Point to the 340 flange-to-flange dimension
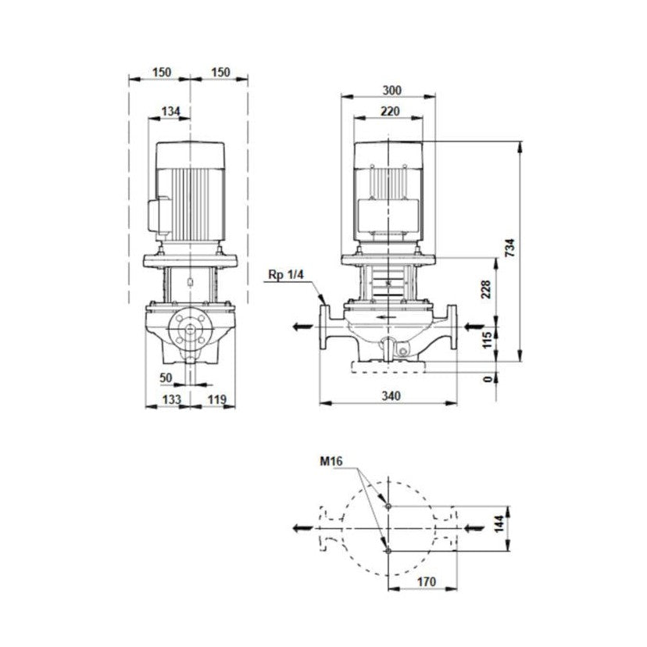(391, 396)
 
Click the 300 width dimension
(388, 90)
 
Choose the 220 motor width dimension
(388, 112)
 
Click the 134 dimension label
(170, 112)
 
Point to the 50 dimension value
(165, 377)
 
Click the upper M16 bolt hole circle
(388, 506)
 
